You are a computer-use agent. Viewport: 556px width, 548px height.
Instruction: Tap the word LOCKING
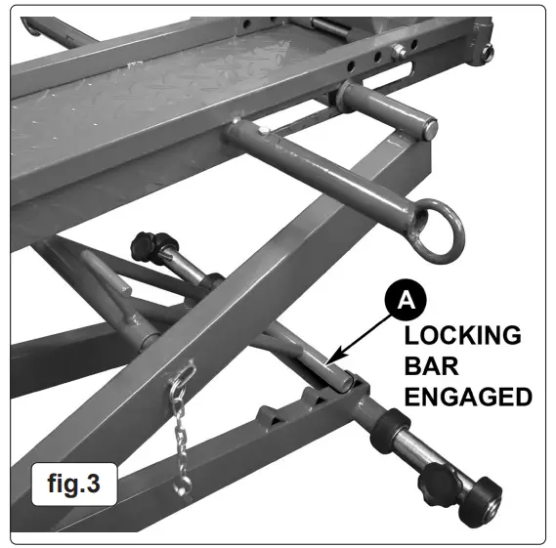[463, 335]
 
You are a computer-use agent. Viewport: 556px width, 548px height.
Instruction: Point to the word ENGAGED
[468, 398]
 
